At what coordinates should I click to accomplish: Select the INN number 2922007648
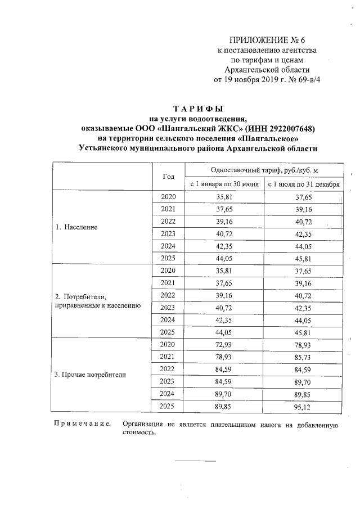click(289, 128)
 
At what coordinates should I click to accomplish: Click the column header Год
click(169, 176)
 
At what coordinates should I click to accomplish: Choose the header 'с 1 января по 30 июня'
click(224, 184)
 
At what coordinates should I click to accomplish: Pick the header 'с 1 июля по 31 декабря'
click(303, 184)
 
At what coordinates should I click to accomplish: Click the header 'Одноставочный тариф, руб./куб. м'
click(264, 169)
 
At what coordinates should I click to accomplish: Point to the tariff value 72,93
click(224, 344)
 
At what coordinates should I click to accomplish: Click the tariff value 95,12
click(303, 406)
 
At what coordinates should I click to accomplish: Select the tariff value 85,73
click(303, 357)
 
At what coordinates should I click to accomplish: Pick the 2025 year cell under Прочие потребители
click(169, 406)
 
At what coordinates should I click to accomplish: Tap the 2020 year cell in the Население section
click(169, 197)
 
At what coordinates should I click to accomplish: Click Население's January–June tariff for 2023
click(224, 233)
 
